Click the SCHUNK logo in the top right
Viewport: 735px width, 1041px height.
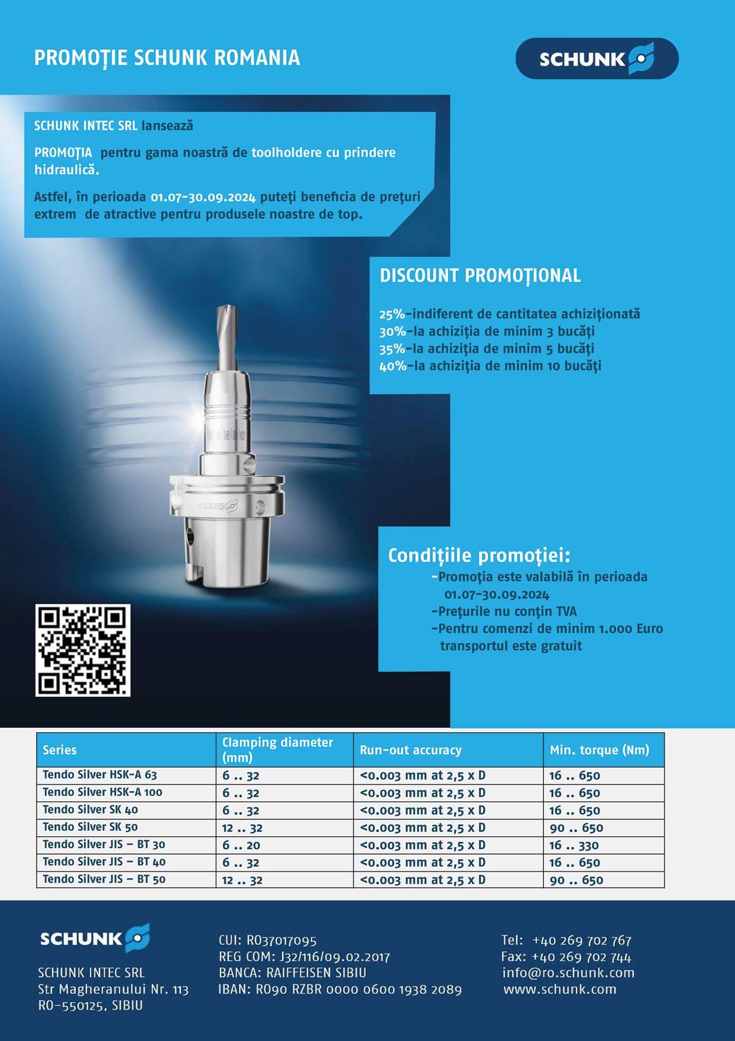(597, 59)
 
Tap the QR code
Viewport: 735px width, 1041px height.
(83, 650)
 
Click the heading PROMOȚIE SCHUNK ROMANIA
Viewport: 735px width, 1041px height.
(167, 58)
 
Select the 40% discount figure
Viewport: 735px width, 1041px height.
(392, 366)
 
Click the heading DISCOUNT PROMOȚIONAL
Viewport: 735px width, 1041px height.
(480, 276)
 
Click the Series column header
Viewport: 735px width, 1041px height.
(60, 750)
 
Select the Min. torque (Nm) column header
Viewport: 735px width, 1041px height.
(599, 750)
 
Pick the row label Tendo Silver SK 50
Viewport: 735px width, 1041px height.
(90, 827)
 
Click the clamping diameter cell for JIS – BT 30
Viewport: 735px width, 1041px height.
(241, 845)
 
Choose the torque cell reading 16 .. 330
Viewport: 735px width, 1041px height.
(574, 845)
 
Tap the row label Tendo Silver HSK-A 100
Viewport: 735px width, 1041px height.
(102, 792)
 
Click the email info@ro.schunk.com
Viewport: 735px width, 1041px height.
(568, 972)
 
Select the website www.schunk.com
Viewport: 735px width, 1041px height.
(559, 989)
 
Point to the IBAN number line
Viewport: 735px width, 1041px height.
(340, 989)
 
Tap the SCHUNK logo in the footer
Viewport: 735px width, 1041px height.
(94, 938)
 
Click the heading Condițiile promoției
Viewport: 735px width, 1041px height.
(479, 556)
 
